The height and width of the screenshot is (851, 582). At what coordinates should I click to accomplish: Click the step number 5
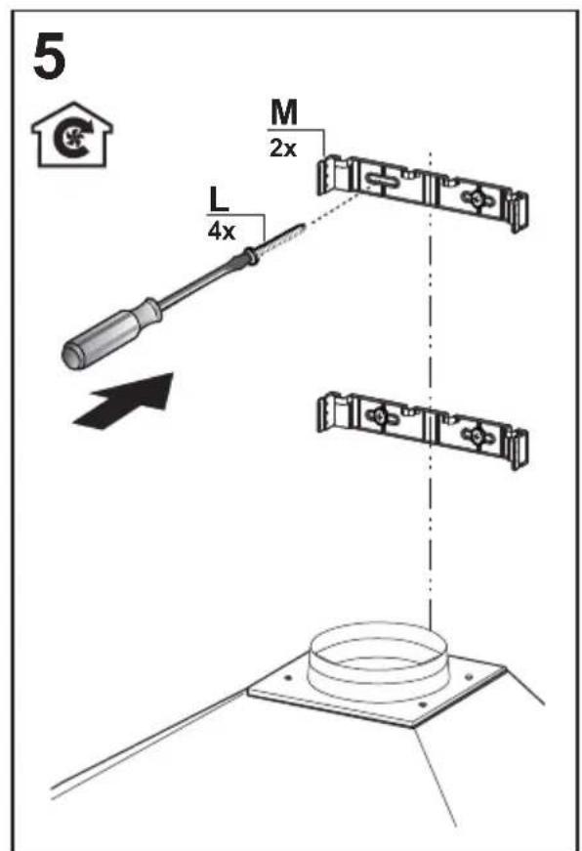point(50,57)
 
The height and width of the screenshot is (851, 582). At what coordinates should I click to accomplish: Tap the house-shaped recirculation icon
point(71,135)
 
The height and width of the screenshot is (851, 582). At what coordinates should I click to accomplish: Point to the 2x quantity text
point(283,148)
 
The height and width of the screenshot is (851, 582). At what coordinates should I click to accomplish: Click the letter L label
point(219,198)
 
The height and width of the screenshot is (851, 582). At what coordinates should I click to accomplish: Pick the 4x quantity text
point(222,232)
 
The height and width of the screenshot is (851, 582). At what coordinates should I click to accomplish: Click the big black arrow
point(125,401)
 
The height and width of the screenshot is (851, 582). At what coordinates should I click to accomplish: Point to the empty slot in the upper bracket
point(385,180)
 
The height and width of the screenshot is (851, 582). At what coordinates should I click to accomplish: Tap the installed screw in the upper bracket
point(477,198)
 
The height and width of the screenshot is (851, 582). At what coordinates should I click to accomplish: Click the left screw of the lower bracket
point(382,416)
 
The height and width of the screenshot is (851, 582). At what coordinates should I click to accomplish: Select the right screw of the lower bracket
point(477,434)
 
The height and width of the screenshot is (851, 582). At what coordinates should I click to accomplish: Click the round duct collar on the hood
point(378,659)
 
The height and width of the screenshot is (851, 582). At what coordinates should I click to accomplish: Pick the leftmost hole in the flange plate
point(287,678)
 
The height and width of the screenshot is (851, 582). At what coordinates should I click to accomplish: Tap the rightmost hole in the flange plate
point(469,677)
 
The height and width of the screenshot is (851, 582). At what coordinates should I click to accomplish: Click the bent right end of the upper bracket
point(517,211)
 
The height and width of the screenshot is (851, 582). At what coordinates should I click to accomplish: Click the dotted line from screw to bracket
point(332,207)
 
